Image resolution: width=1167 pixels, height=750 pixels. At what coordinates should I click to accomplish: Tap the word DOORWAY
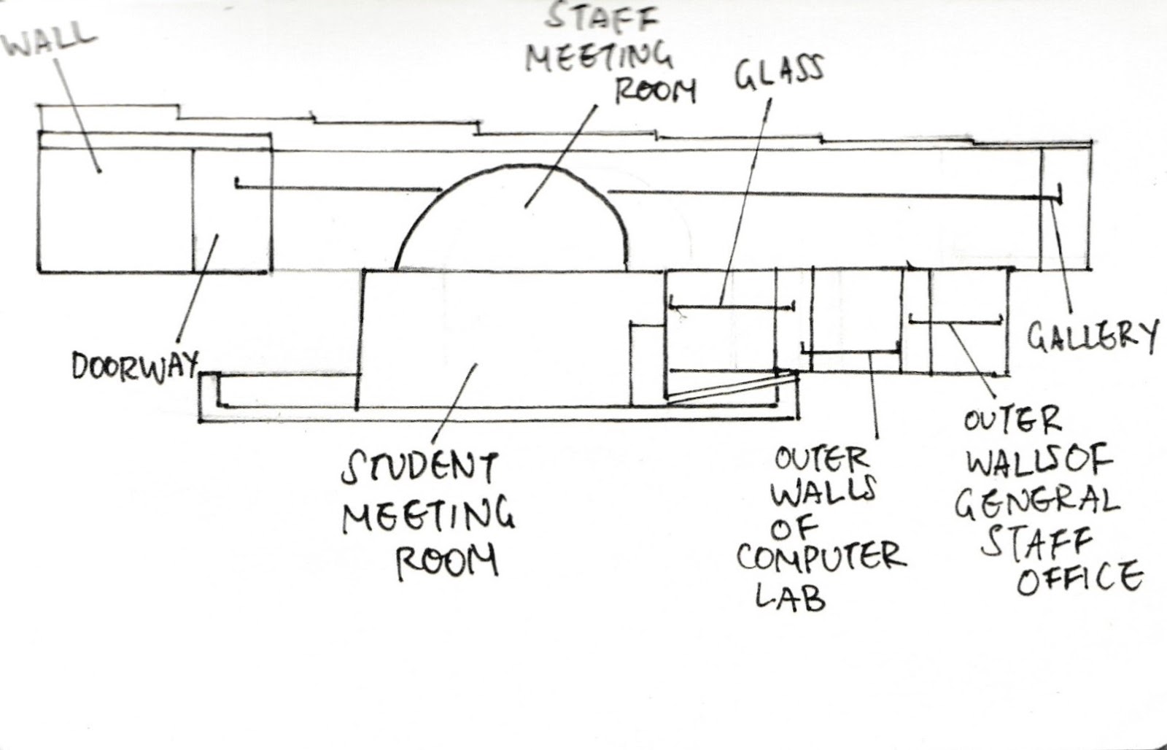134,366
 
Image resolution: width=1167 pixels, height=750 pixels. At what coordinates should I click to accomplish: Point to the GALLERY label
1092,336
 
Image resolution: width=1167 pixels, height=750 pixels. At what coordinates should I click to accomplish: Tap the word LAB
789,598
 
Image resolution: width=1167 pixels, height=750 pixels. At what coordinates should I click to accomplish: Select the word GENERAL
1037,503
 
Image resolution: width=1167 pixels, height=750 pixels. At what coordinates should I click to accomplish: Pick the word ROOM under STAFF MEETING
655,91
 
